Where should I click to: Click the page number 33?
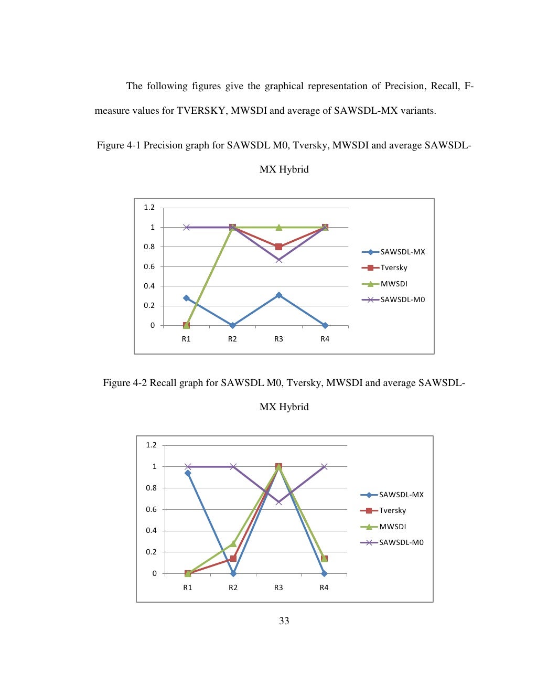[284, 621]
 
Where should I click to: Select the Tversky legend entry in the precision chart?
[394, 268]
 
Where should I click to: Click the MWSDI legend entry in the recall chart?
[392, 527]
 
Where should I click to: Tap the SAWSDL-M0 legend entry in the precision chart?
[402, 300]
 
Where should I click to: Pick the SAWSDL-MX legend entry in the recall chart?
[401, 495]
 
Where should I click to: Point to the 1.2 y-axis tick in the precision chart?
[149, 208]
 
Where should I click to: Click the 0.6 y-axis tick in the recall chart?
[151, 509]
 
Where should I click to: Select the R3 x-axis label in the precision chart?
[278, 339]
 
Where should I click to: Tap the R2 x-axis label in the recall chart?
[233, 587]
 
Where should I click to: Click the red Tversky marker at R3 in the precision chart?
[278, 247]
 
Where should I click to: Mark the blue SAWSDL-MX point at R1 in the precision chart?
[186, 298]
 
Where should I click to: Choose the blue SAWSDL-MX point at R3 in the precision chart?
[278, 295]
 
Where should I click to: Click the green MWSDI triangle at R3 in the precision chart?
[278, 227]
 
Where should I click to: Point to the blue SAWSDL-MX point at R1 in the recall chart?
[188, 473]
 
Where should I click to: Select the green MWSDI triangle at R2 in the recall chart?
[233, 543]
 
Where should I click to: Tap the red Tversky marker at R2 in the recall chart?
[233, 559]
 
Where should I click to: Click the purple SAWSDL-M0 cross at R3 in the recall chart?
[278, 502]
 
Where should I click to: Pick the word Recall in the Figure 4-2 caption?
[163, 383]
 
